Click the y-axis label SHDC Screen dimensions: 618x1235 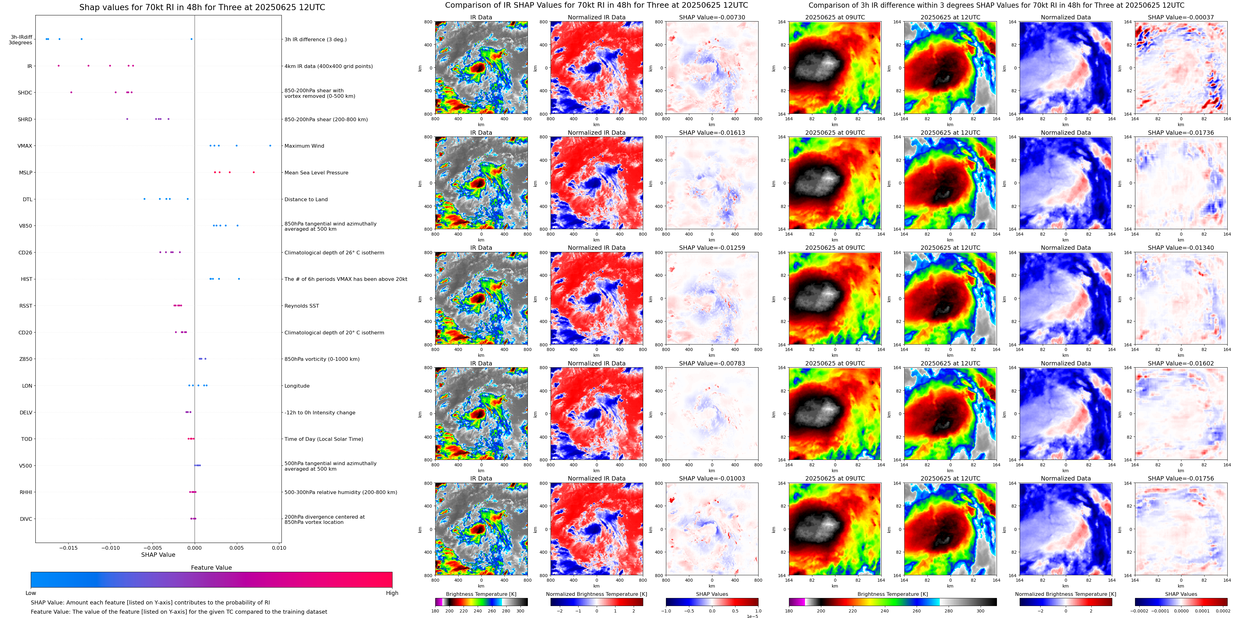click(x=25, y=93)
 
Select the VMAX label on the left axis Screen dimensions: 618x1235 click(x=25, y=146)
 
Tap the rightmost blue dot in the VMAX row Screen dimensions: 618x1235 click(x=270, y=146)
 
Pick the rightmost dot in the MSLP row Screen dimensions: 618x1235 click(x=254, y=173)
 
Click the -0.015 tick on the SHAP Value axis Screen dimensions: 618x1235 click(x=69, y=548)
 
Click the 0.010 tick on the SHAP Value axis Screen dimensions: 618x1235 click(x=279, y=548)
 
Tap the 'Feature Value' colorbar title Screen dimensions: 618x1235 click(x=211, y=568)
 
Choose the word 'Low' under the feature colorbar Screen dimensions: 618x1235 click(x=31, y=593)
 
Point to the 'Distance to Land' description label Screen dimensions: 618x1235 click(x=306, y=199)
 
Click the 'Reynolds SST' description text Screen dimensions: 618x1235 click(x=301, y=306)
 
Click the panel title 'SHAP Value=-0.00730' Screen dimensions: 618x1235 click(x=712, y=17)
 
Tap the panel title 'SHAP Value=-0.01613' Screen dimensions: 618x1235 click(x=712, y=133)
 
